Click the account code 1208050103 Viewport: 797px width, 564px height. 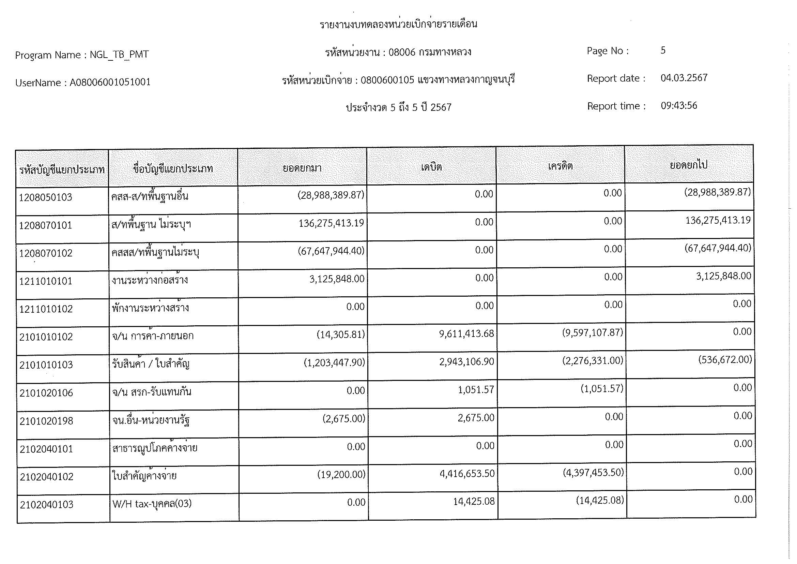45,197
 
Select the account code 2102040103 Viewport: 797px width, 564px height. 47,505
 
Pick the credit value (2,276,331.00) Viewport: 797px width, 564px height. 593,361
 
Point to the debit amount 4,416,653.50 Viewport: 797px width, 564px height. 467,474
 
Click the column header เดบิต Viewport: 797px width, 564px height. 431,167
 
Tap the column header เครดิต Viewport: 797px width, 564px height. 560,166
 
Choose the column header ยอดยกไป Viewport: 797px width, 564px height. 688,165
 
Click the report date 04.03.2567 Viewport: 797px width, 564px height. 684,78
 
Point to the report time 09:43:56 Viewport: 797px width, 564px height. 679,106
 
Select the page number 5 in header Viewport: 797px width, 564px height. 663,50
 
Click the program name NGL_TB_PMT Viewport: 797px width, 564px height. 119,55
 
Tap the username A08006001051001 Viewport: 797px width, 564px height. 110,82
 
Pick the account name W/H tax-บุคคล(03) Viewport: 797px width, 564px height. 152,504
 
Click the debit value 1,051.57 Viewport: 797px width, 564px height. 476,390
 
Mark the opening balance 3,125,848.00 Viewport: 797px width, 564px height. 337,279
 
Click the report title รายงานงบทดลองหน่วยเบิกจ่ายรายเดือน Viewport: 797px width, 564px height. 398,24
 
